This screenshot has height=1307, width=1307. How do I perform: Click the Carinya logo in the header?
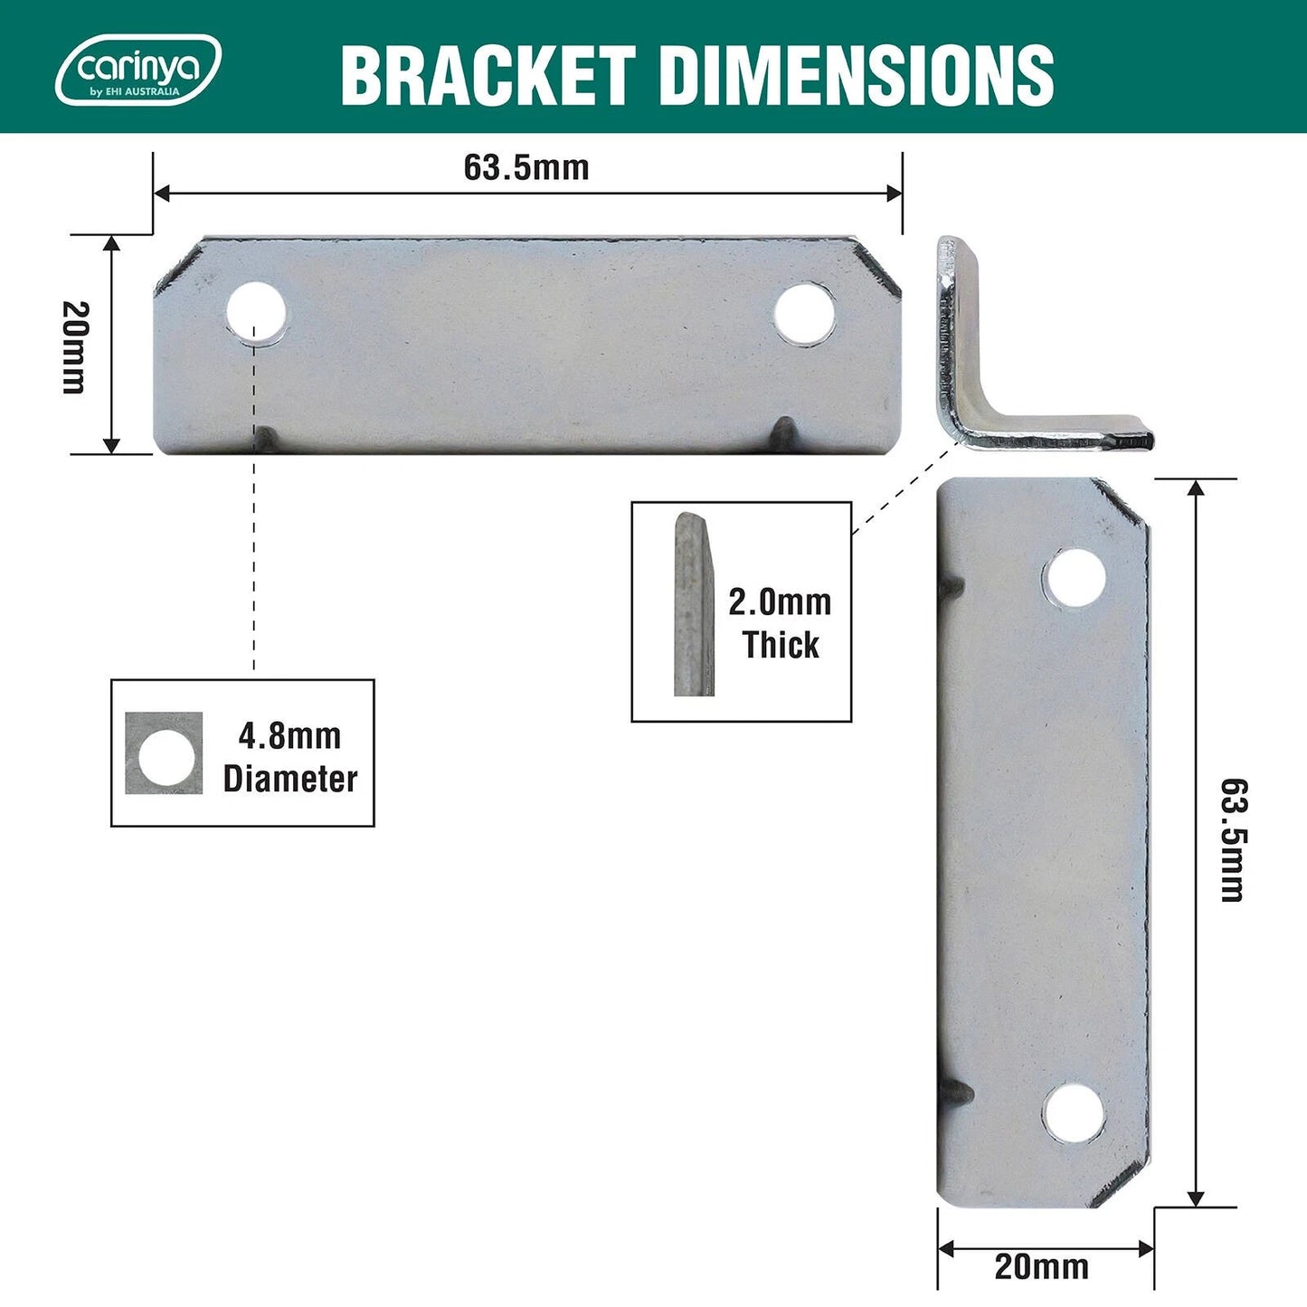click(x=137, y=70)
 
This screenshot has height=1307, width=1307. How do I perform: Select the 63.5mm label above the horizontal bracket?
click(x=526, y=167)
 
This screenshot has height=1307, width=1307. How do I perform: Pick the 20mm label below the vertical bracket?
click(x=1041, y=1266)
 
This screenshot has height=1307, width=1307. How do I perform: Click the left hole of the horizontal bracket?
click(x=256, y=313)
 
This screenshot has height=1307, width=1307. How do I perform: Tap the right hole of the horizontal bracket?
click(x=804, y=313)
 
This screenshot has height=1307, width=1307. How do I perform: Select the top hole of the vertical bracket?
click(x=1075, y=577)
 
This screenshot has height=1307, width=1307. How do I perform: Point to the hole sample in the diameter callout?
click(x=164, y=753)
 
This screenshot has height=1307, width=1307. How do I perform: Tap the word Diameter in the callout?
click(x=290, y=778)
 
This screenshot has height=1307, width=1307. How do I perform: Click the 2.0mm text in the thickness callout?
click(x=780, y=601)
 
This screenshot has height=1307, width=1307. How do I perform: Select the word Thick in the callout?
click(x=780, y=644)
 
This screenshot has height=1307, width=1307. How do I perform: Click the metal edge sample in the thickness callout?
click(x=693, y=605)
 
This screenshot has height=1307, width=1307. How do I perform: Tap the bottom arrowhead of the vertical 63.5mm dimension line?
click(x=1196, y=1198)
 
